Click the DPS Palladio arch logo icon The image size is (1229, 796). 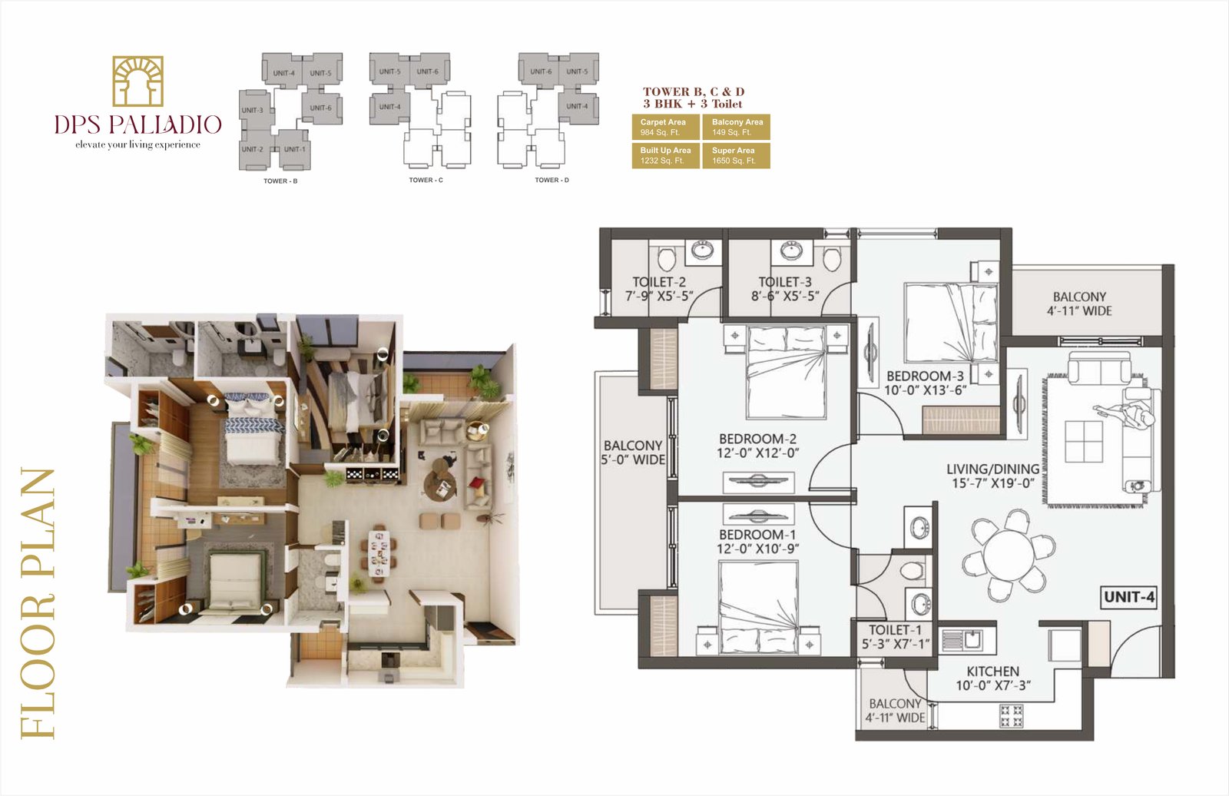[x=138, y=81]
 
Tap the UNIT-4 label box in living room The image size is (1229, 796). [x=1128, y=597]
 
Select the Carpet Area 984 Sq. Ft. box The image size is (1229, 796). [x=665, y=127]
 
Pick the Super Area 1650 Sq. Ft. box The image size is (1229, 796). [x=735, y=155]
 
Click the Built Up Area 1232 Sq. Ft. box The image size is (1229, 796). [x=665, y=155]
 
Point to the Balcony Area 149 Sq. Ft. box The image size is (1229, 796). [x=735, y=127]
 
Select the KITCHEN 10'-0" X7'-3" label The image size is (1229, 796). [x=992, y=678]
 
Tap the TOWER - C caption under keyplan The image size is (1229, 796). [x=426, y=181]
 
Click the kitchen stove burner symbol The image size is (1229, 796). [x=1011, y=715]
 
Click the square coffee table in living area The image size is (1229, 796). [x=1084, y=442]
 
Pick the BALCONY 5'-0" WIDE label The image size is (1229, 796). [x=632, y=452]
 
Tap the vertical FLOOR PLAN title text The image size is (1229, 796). [x=38, y=603]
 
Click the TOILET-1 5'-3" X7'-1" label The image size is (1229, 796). [x=895, y=636]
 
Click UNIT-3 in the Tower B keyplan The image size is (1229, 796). [x=253, y=111]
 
